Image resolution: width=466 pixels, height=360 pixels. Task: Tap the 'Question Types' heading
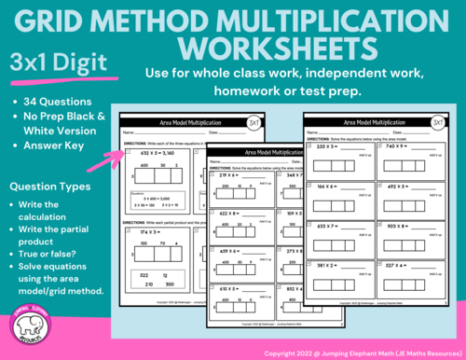coord(52,187)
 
